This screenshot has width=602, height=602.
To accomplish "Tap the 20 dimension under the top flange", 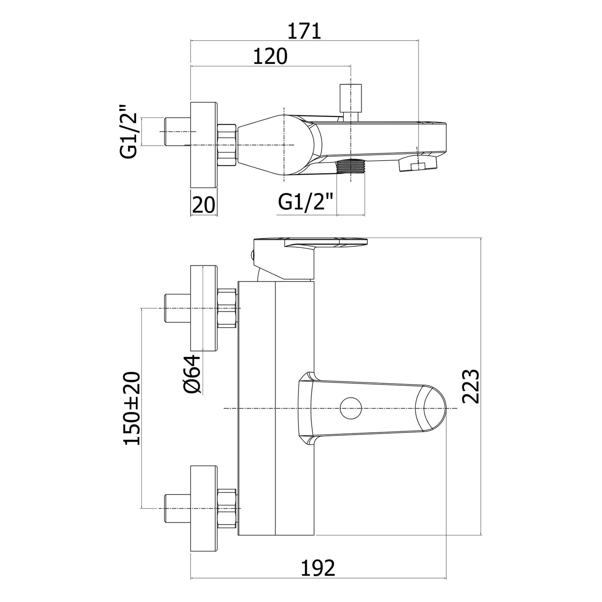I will pos(203,205).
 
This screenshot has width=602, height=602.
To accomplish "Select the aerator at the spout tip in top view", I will pos(417,165).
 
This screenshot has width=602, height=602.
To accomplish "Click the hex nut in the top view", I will pos(227,145).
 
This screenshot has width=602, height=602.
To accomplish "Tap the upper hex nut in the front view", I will pos(227,308).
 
